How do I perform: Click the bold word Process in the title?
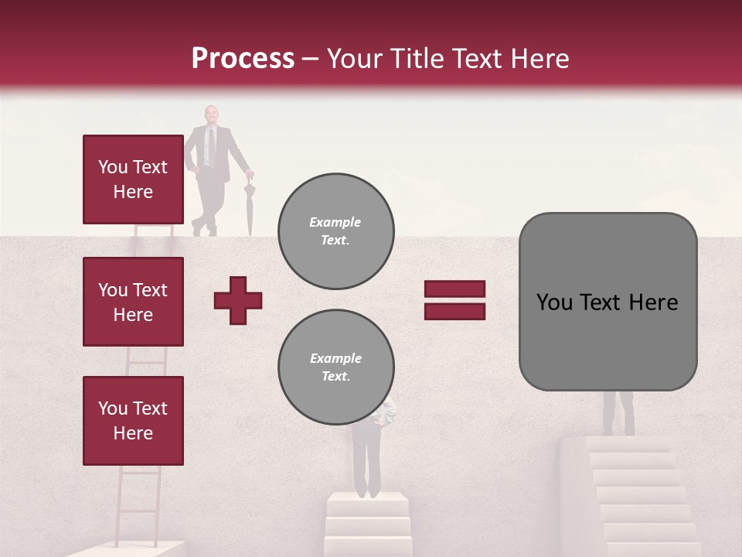click(243, 59)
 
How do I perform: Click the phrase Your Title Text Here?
click(448, 59)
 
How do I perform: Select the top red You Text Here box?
click(133, 179)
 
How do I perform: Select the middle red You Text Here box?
click(133, 302)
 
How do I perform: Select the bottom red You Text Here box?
click(133, 420)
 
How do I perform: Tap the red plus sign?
click(238, 300)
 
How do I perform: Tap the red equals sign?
click(454, 300)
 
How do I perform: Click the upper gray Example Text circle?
click(335, 231)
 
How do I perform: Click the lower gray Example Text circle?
click(335, 367)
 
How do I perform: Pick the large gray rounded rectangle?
click(608, 302)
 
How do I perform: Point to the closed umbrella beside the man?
click(249, 207)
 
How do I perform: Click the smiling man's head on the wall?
click(211, 115)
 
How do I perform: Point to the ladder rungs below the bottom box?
click(140, 503)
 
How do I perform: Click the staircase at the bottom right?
click(638, 495)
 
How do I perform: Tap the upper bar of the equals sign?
click(454, 289)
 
